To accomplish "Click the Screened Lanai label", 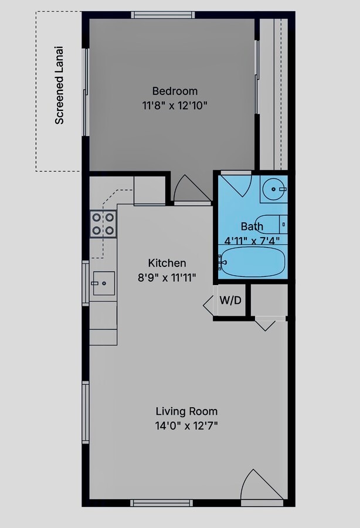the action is click(x=59, y=85).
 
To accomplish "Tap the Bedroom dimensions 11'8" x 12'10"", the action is click(x=175, y=106).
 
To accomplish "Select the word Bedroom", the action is click(x=175, y=91).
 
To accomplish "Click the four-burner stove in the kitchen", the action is click(x=103, y=224).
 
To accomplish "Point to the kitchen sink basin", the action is click(x=104, y=283).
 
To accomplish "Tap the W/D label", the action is click(x=230, y=300).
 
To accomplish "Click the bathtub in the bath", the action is click(x=253, y=262).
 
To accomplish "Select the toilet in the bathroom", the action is click(x=274, y=224).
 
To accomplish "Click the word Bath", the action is click(x=252, y=226).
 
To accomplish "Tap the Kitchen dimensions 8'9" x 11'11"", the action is click(x=167, y=278).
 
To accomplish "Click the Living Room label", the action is click(x=186, y=411).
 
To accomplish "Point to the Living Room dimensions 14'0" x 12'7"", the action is click(x=186, y=426).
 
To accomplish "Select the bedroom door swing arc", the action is click(x=190, y=188).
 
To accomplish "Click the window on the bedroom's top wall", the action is click(x=163, y=15).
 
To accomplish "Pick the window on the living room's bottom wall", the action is click(x=161, y=503).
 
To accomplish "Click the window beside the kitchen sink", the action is click(x=86, y=283).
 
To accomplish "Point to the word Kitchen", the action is click(x=167, y=263).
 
